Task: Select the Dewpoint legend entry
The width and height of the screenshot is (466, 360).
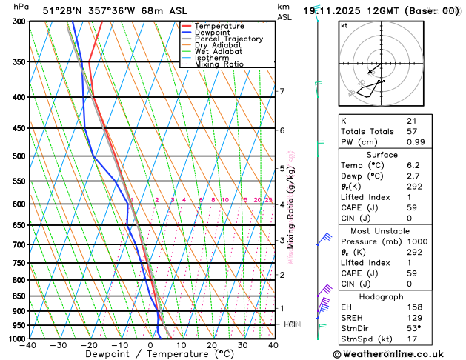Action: pos(211,32)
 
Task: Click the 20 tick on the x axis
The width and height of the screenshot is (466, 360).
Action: pos(212,345)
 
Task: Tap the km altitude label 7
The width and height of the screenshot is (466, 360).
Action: pos(282,92)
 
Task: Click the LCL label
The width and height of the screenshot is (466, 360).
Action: pos(291,324)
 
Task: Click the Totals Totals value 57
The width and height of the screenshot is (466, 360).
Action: pos(412,131)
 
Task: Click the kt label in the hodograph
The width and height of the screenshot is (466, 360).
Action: pos(344,25)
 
